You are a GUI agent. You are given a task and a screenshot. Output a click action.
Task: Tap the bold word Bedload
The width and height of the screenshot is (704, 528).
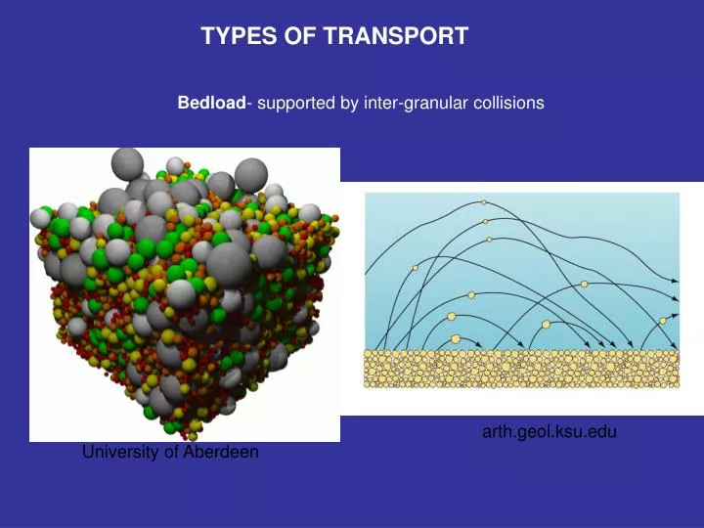click(210, 102)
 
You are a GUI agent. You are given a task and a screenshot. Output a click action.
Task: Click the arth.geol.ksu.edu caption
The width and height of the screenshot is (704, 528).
click(549, 431)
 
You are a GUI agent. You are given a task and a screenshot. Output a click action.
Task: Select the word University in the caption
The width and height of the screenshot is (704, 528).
click(115, 452)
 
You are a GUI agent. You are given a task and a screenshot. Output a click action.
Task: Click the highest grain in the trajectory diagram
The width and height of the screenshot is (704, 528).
click(483, 202)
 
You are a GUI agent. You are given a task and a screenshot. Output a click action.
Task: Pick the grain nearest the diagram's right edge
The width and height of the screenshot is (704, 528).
click(663, 320)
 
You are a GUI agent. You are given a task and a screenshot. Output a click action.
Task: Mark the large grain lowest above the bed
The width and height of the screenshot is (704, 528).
click(456, 339)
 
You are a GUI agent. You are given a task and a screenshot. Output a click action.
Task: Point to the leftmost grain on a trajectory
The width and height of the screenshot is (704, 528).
click(416, 268)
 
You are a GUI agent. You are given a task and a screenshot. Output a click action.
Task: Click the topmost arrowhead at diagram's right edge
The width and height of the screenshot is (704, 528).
click(674, 280)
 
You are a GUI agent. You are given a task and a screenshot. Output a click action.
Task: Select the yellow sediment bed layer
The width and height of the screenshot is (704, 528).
click(521, 368)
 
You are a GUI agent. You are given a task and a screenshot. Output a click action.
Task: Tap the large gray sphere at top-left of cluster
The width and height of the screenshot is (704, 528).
click(128, 162)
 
